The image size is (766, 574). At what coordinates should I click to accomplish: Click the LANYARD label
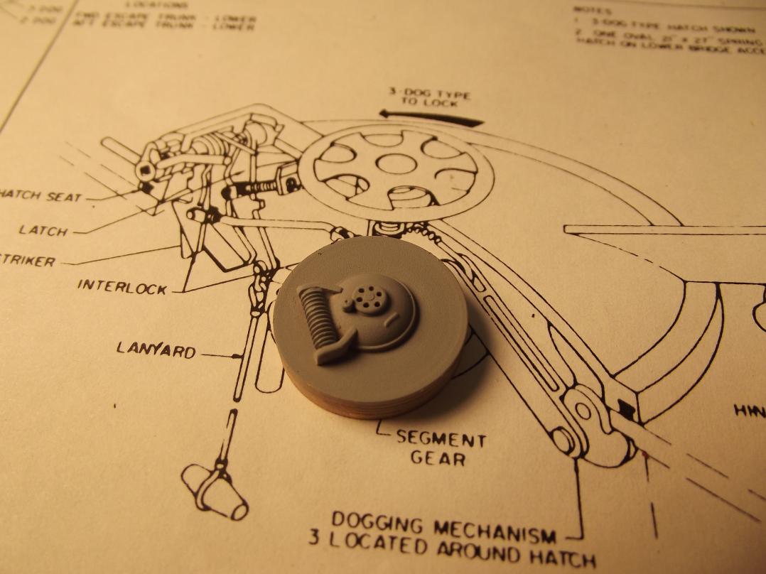click(156, 350)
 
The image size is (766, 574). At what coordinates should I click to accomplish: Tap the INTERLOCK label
click(122, 286)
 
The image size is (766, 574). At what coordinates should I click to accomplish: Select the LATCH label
click(43, 230)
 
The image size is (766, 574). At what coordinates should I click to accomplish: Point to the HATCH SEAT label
click(41, 195)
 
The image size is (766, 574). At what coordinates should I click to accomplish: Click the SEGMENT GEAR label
click(441, 448)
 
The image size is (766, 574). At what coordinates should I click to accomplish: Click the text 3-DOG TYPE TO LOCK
click(428, 97)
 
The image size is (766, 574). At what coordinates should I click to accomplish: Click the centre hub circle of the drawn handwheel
click(396, 164)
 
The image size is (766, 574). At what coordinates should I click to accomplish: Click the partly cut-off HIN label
click(750, 410)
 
